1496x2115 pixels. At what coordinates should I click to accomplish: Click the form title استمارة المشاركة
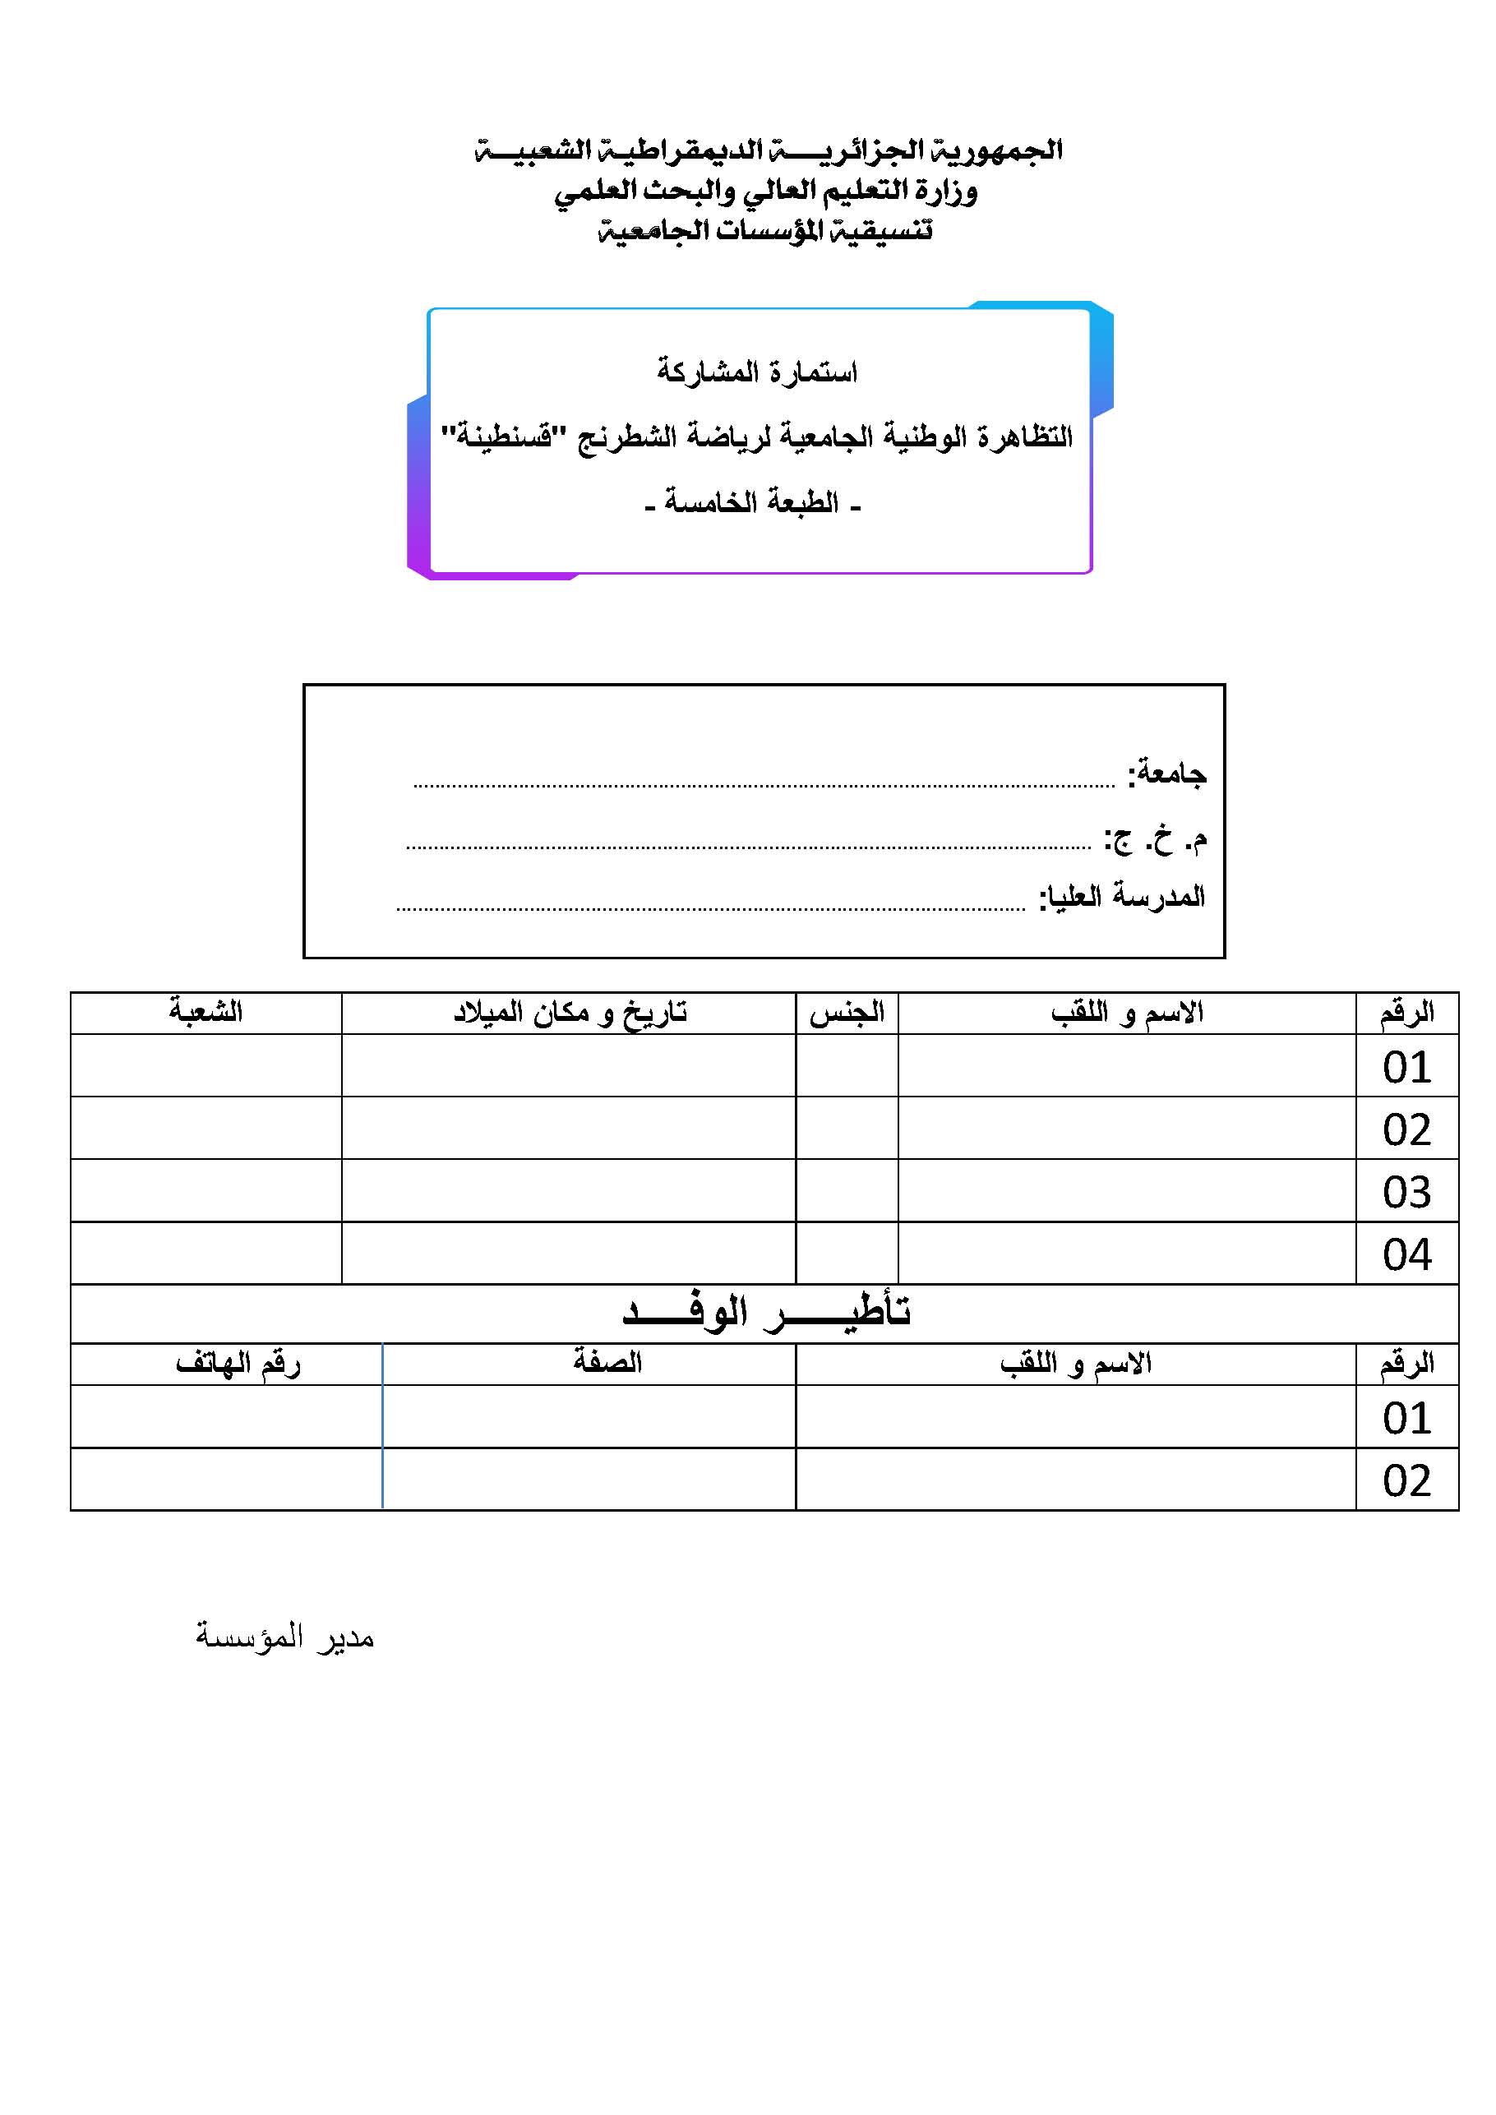(x=756, y=372)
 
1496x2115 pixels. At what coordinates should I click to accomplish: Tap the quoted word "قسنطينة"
(x=496, y=435)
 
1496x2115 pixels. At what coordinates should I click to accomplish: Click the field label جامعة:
(x=1166, y=773)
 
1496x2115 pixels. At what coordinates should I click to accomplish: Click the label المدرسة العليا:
(x=1121, y=896)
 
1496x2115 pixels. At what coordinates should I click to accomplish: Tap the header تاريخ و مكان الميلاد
(x=570, y=1013)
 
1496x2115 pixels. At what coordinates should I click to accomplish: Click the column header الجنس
(x=847, y=1013)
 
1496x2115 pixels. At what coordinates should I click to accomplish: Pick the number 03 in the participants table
(x=1406, y=1192)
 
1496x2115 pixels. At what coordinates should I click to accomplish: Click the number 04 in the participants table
(x=1406, y=1254)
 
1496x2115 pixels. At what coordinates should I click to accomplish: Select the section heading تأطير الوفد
(x=766, y=1312)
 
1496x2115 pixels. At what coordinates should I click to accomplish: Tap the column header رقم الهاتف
(x=238, y=1362)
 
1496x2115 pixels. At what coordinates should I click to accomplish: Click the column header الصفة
(x=607, y=1362)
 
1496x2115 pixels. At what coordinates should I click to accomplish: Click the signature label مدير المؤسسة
(x=284, y=1637)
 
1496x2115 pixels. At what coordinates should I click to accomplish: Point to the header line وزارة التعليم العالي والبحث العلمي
(x=765, y=192)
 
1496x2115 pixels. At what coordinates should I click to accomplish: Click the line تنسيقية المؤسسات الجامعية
(x=765, y=230)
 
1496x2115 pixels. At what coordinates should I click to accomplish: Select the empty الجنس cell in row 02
(x=847, y=1128)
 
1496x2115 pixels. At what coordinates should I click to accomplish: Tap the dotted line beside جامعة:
(x=764, y=786)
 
